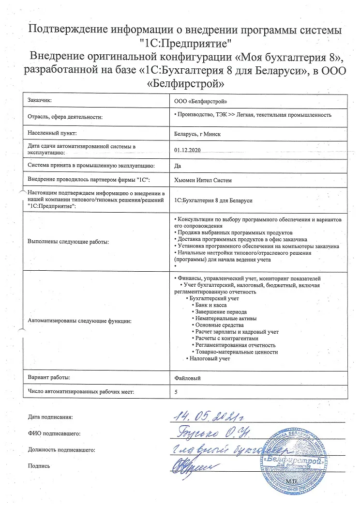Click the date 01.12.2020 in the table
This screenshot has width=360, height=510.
(x=187, y=150)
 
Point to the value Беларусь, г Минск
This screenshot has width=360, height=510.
(x=197, y=134)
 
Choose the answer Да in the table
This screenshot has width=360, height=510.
(x=177, y=166)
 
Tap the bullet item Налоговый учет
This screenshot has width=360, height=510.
(x=210, y=358)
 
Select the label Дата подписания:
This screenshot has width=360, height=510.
(x=50, y=417)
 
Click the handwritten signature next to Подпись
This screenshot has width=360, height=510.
(x=186, y=466)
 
